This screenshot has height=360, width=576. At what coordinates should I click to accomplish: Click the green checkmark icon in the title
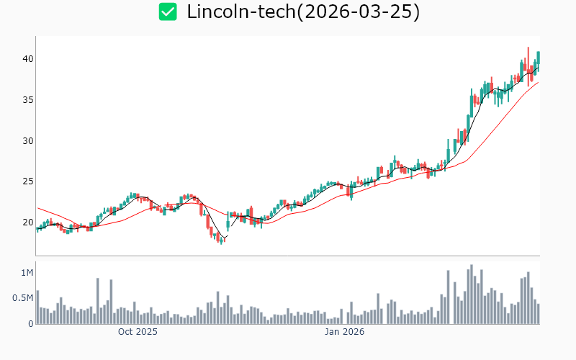(168, 12)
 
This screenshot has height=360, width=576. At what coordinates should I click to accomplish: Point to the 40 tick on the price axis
(27, 58)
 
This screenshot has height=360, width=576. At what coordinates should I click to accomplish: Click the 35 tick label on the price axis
(27, 99)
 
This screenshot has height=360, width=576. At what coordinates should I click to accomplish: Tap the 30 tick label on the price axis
(27, 140)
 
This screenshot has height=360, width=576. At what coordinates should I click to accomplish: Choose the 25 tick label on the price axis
(27, 181)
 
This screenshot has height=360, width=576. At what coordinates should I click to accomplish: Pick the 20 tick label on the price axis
(27, 222)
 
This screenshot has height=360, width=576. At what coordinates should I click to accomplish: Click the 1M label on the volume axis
(27, 273)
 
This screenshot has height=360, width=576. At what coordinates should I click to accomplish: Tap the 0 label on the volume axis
(31, 324)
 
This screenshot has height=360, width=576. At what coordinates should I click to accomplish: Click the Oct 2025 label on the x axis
(138, 332)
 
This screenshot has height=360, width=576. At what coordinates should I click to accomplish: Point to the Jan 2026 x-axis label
(344, 332)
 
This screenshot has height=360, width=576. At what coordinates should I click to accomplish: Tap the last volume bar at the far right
(538, 314)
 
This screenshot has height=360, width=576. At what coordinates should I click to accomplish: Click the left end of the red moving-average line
(37, 207)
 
